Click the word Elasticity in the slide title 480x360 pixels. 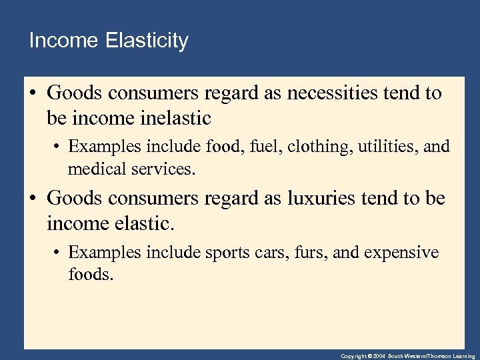[147, 41]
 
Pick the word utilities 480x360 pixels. [381, 145]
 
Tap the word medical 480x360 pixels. [94, 169]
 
